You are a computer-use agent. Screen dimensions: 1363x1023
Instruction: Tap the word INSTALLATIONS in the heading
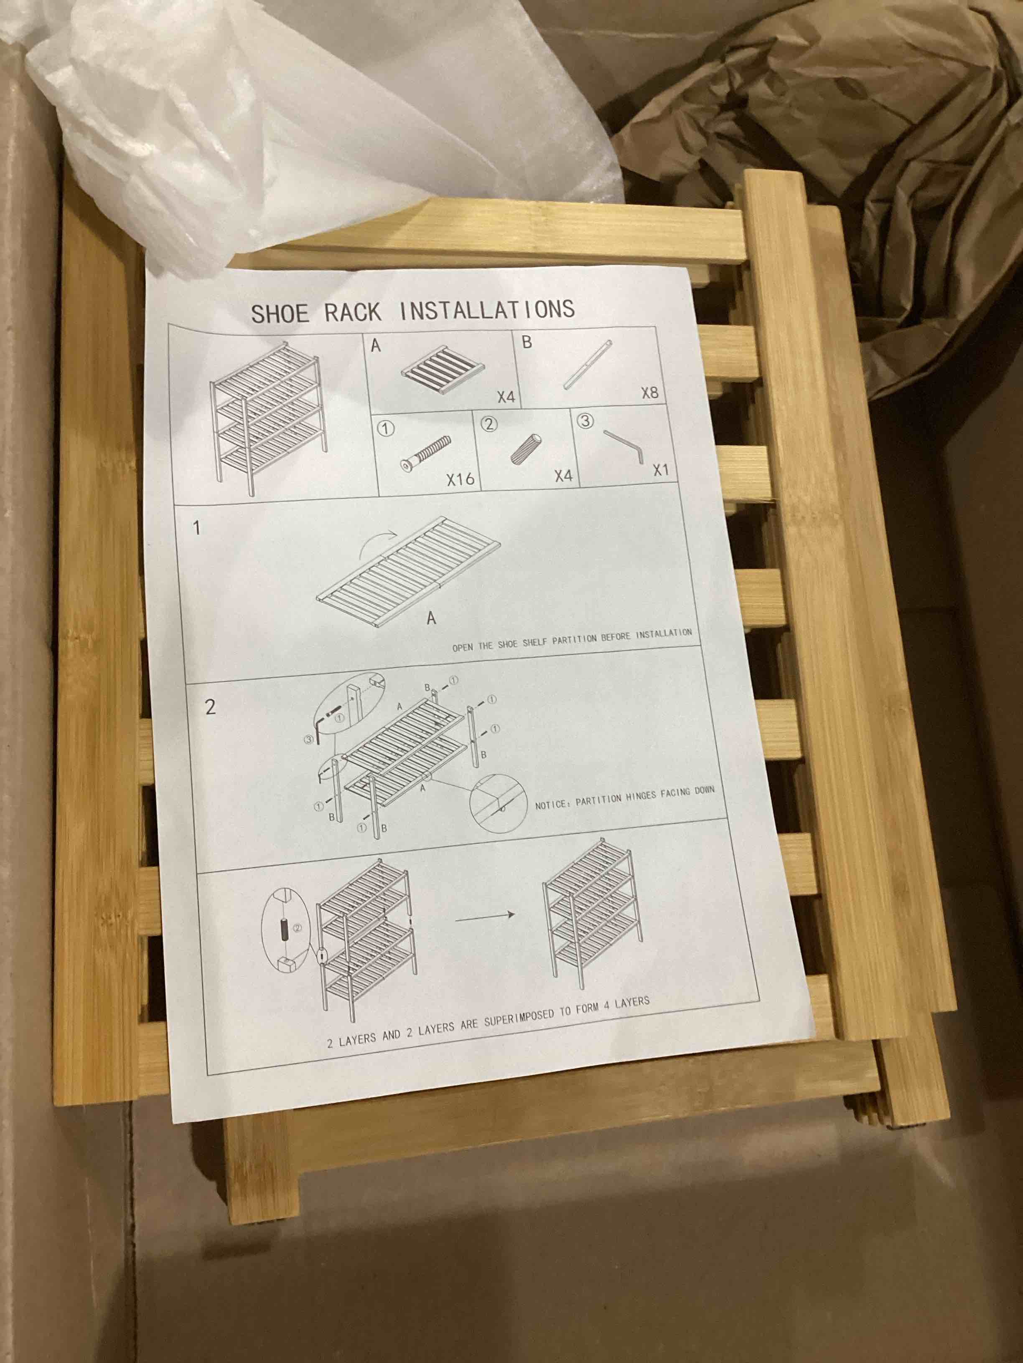487,309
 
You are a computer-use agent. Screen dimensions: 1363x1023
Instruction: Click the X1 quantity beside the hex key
660,469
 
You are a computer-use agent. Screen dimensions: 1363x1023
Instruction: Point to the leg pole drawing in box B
587,365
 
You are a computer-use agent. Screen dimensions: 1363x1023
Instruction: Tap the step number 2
210,706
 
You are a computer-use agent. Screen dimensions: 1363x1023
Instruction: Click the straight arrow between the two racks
485,916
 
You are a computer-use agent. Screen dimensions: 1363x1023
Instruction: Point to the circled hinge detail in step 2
498,803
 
